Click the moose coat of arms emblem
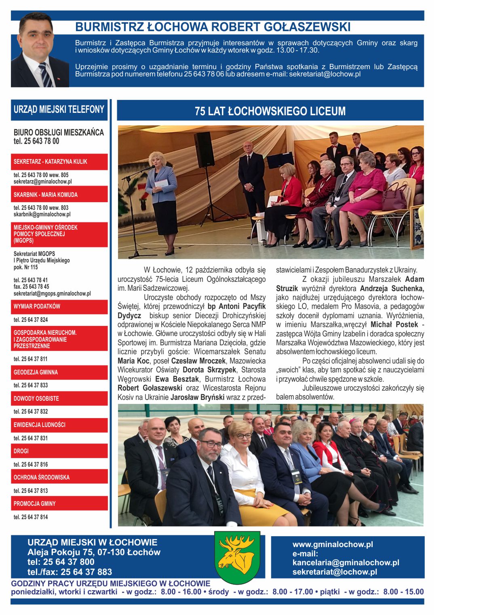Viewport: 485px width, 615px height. click(x=237, y=557)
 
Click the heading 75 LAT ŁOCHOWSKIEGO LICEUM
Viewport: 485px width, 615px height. click(x=270, y=111)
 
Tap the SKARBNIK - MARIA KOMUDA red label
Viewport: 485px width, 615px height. click(x=46, y=194)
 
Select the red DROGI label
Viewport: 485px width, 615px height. click(x=21, y=451)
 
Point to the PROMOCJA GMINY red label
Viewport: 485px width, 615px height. click(x=35, y=503)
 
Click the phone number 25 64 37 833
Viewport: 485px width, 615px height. click(x=31, y=385)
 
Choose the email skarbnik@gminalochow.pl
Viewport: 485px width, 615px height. click(x=42, y=214)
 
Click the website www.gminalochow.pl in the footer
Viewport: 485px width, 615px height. click(x=333, y=544)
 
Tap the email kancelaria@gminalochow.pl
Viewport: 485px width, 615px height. click(x=346, y=562)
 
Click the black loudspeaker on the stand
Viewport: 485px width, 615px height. click(x=204, y=149)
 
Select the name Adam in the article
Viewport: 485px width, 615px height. click(x=414, y=279)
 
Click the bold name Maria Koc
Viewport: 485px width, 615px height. click(x=133, y=361)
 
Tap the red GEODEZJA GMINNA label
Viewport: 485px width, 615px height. click(x=36, y=372)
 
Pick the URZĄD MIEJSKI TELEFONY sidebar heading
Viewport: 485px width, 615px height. click(x=59, y=110)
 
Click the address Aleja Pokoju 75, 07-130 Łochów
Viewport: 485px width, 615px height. click(x=94, y=552)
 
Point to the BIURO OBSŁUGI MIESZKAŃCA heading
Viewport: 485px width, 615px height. click(x=59, y=132)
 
